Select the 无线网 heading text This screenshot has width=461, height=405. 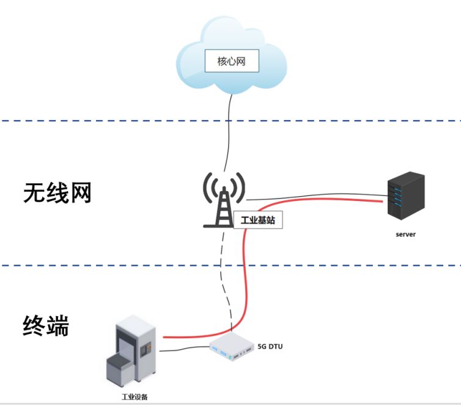tap(57, 193)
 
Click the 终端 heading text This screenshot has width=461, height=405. tap(46, 326)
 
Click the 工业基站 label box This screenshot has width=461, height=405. tap(258, 221)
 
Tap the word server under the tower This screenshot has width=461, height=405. tap(405, 234)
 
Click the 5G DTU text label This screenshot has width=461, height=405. tap(270, 346)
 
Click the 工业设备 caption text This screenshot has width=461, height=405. tap(135, 396)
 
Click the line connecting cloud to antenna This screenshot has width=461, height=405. tap(229, 135)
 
